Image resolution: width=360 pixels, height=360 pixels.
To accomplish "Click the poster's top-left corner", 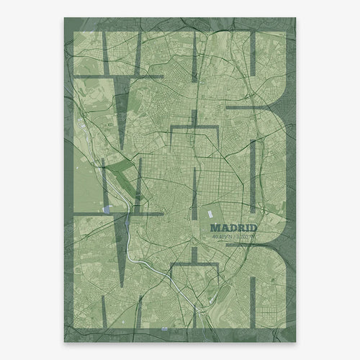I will pyautogui.click(x=65, y=18).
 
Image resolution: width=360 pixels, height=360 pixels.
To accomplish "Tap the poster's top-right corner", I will pyautogui.click(x=295, y=18).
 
